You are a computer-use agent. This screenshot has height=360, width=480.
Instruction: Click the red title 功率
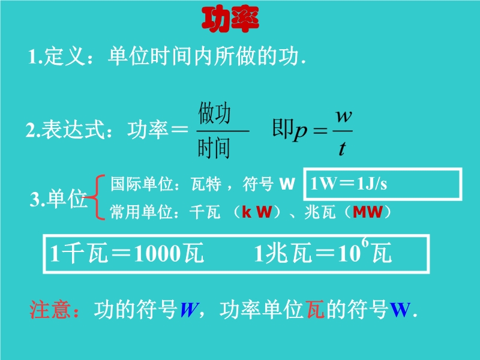[230, 20]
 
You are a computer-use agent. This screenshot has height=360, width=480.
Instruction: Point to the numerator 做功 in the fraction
[214, 113]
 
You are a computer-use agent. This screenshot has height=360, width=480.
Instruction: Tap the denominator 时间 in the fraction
[214, 148]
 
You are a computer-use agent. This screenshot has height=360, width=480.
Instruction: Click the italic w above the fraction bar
[343, 116]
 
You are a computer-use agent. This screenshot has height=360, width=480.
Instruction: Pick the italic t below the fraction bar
[342, 148]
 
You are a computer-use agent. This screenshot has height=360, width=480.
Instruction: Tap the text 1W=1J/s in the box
[349, 184]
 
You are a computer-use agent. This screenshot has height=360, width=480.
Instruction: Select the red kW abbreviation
[257, 212]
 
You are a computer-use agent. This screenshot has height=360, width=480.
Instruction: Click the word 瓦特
[206, 184]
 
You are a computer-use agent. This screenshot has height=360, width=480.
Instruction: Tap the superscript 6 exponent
[365, 242]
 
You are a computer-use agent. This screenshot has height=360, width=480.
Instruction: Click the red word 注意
[50, 309]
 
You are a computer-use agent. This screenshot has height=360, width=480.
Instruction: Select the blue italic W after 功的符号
[190, 310]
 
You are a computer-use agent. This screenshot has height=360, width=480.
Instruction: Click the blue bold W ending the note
[400, 310]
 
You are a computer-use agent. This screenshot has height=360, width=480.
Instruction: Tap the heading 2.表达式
[66, 130]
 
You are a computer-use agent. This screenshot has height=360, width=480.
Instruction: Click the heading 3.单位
[58, 199]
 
